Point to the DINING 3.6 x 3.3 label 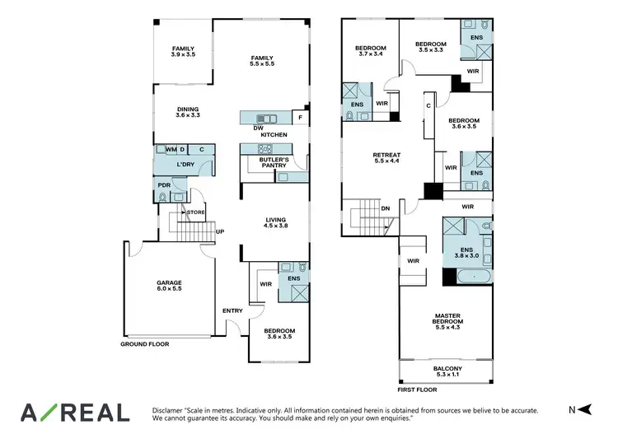(188, 113)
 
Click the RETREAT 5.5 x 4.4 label (386, 157)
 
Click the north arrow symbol (584, 410)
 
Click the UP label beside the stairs (220, 231)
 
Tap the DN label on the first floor (385, 209)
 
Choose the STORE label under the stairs (195, 212)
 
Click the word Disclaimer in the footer (170, 409)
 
